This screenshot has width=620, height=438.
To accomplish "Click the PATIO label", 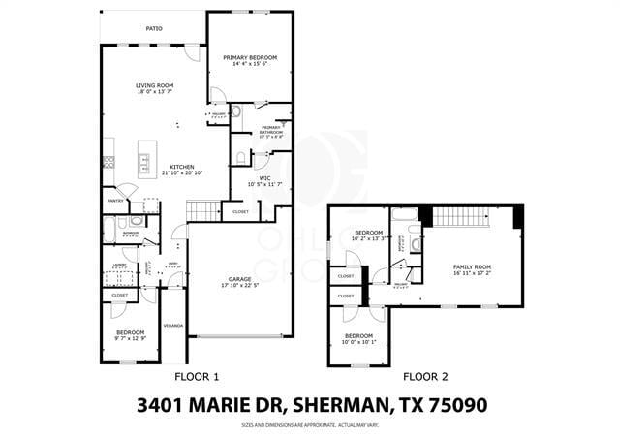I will (x=154, y=28).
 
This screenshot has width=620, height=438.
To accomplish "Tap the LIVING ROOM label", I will (x=154, y=86).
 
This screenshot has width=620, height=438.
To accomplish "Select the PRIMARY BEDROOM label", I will (x=250, y=58).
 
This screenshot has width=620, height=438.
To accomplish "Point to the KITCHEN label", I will (x=183, y=167).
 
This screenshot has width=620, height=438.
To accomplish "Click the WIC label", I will (x=264, y=178).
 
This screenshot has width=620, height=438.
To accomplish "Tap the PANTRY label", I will (x=115, y=201).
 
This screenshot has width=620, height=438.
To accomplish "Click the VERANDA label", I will (x=173, y=326).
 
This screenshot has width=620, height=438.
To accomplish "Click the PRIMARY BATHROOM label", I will (x=270, y=130).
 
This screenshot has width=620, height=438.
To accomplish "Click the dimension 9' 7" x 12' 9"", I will (x=130, y=338).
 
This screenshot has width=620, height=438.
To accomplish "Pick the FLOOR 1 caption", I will (x=197, y=376).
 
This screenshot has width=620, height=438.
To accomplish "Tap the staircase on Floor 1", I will (x=203, y=210).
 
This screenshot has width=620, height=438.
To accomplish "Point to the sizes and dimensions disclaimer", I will (x=309, y=425).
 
